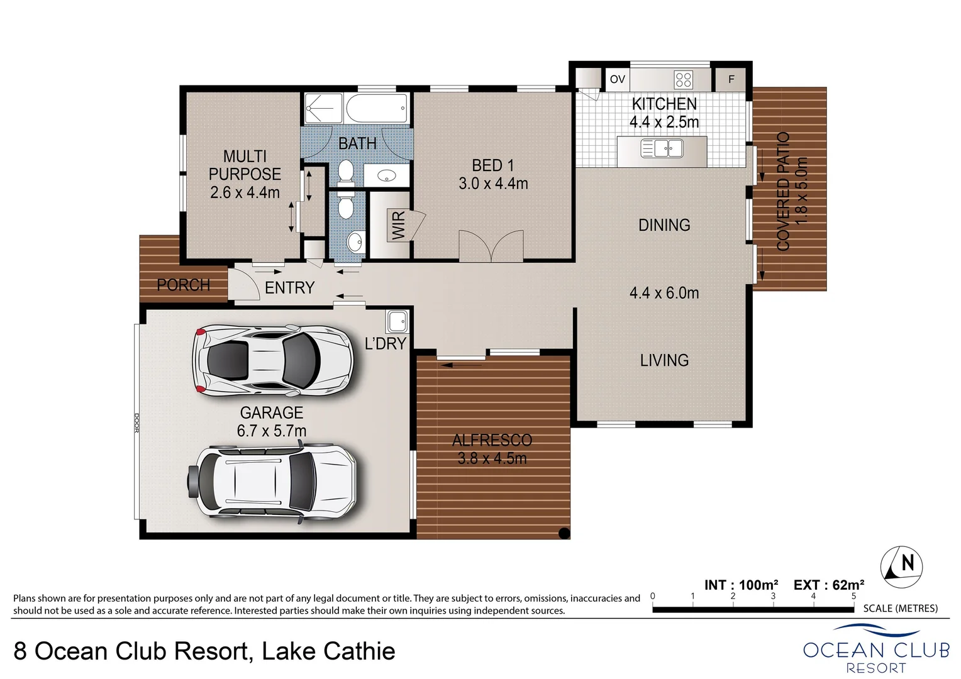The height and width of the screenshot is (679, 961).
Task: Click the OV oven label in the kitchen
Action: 618,79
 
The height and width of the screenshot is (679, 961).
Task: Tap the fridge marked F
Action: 731,79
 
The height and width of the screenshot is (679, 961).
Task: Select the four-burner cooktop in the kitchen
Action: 683,80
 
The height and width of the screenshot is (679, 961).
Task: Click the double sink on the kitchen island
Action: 662,149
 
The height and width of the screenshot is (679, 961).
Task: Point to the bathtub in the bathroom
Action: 377,108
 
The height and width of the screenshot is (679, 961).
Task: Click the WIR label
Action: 398,226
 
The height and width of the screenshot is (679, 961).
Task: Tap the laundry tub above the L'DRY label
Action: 397,321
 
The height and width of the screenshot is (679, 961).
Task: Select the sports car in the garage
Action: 273,360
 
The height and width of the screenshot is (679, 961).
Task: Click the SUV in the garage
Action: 272,482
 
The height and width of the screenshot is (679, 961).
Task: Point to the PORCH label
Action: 183,285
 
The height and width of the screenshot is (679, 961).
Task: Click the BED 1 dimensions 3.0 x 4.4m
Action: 493,184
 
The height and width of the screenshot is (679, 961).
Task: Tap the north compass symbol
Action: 901,567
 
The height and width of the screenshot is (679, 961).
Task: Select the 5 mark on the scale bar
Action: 853,596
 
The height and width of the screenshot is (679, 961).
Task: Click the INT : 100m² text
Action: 741,585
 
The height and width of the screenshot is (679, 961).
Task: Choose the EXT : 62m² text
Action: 829,585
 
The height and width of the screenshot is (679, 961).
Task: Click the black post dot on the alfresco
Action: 564,533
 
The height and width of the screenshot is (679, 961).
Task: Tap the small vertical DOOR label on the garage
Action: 137,422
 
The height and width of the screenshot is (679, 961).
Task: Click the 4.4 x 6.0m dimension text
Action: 664,293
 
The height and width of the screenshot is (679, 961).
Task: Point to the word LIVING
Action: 665,360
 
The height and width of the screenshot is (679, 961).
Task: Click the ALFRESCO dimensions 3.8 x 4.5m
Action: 492,458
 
